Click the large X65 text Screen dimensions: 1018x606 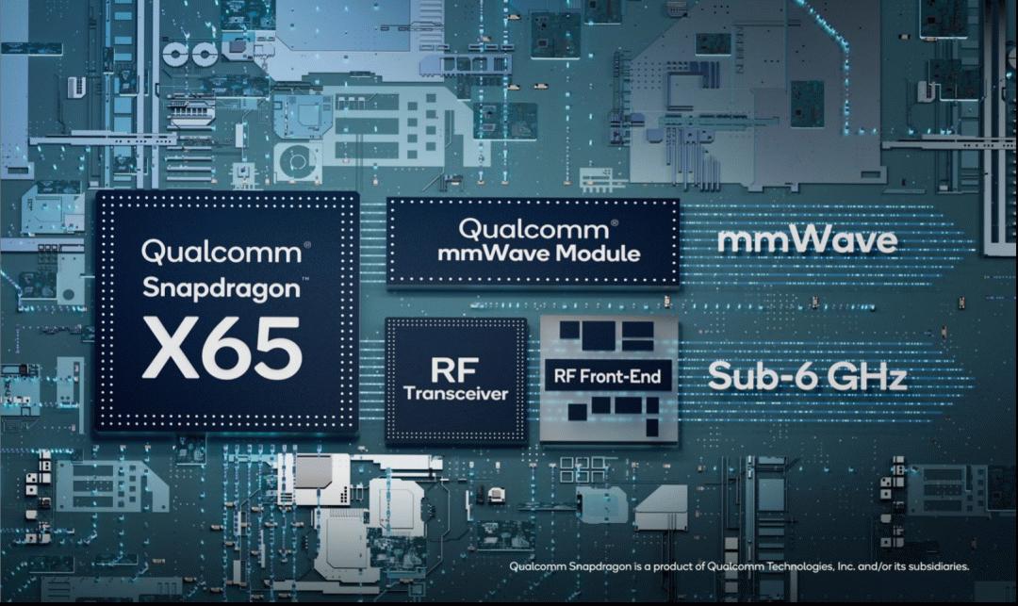pyautogui.click(x=222, y=349)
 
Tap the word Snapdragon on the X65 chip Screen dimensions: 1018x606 pyautogui.click(x=222, y=287)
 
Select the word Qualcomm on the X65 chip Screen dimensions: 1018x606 pyautogui.click(x=222, y=252)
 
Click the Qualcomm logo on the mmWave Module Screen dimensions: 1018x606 pyautogui.click(x=534, y=229)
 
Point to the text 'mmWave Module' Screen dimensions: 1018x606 pyautogui.click(x=539, y=253)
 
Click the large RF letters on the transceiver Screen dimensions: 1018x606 pyautogui.click(x=454, y=370)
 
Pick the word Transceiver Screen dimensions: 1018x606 pyautogui.click(x=456, y=393)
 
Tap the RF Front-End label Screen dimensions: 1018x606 pyautogui.click(x=607, y=376)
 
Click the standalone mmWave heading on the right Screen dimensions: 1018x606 pyautogui.click(x=807, y=240)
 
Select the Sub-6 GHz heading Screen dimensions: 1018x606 pyautogui.click(x=806, y=376)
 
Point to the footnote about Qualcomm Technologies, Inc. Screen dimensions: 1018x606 pyautogui.click(x=739, y=566)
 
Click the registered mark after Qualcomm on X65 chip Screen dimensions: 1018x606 pyautogui.click(x=307, y=245)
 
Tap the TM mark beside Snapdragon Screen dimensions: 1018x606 pyautogui.click(x=305, y=280)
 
